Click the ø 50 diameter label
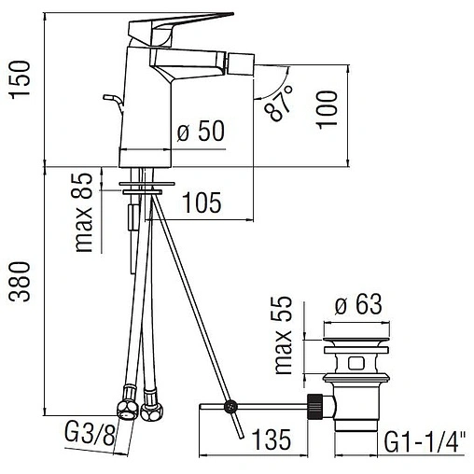(x=201, y=132)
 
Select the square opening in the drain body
(x=357, y=361)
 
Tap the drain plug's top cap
(x=358, y=328)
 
